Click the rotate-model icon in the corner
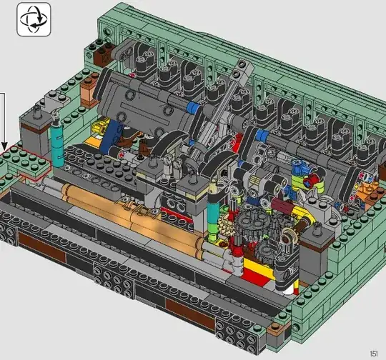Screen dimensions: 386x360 pyautogui.click(x=34, y=19)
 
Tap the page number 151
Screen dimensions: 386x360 pyautogui.click(x=373, y=354)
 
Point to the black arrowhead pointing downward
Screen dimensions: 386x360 pyautogui.click(x=4, y=146)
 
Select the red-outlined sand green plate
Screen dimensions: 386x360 pyautogui.click(x=24, y=161)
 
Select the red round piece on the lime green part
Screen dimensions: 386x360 pyautogui.click(x=311, y=179)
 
